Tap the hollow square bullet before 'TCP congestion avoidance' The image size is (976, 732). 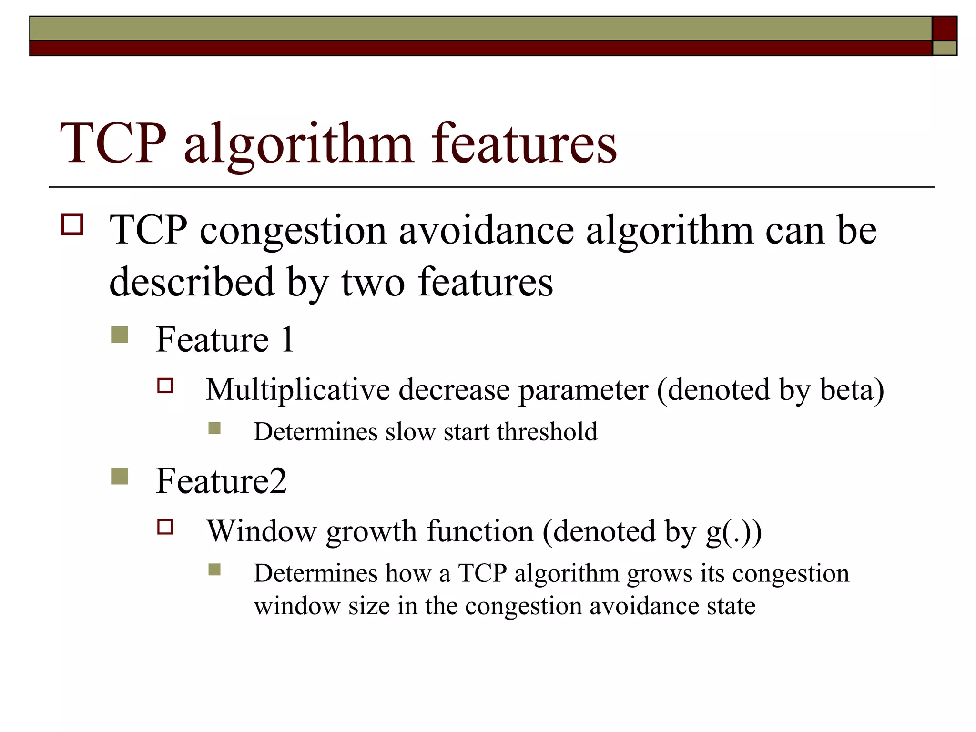click(x=72, y=224)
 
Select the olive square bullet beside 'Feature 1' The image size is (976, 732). click(x=119, y=335)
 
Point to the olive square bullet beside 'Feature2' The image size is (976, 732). click(x=119, y=476)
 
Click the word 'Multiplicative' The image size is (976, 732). click(x=298, y=390)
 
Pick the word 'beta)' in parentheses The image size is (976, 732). click(x=852, y=390)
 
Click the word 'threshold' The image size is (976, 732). click(x=547, y=432)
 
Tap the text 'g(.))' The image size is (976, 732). click(x=734, y=532)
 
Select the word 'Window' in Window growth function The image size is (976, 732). click(x=261, y=532)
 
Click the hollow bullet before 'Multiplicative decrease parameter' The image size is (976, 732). click(x=165, y=385)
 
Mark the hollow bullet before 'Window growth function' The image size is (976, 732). click(x=165, y=527)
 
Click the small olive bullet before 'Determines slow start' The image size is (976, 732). click(x=214, y=428)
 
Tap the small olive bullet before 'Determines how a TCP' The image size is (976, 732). click(x=214, y=569)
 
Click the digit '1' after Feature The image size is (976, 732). click(x=287, y=340)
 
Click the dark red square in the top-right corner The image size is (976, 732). click(x=945, y=29)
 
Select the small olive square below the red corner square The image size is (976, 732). click(x=945, y=48)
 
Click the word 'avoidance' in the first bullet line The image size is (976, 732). click(x=486, y=231)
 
